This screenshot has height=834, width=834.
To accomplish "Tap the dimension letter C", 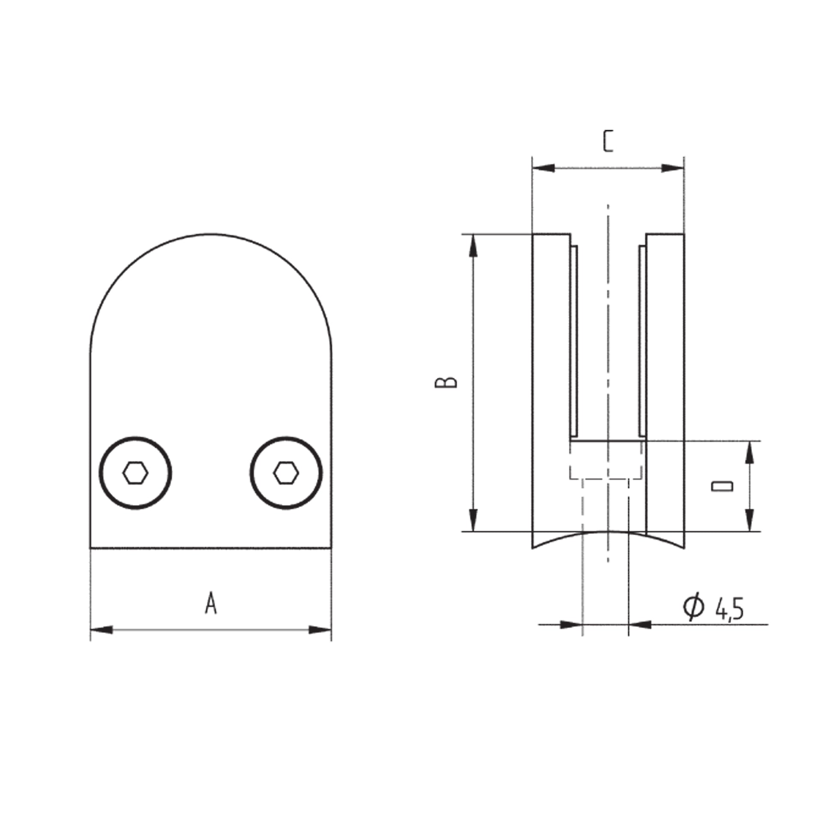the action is click(x=608, y=141).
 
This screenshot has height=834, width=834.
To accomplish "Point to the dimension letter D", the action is click(x=722, y=486).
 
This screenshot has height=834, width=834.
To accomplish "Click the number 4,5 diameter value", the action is click(x=729, y=609).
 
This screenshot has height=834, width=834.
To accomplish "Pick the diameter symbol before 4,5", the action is click(x=694, y=606).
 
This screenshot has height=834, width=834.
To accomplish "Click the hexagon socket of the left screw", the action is click(x=135, y=473).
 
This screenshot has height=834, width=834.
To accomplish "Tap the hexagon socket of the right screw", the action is click(x=286, y=473).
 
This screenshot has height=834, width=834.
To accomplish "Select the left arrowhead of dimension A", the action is click(x=102, y=630).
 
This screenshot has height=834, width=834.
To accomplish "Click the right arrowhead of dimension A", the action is click(x=320, y=630).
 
